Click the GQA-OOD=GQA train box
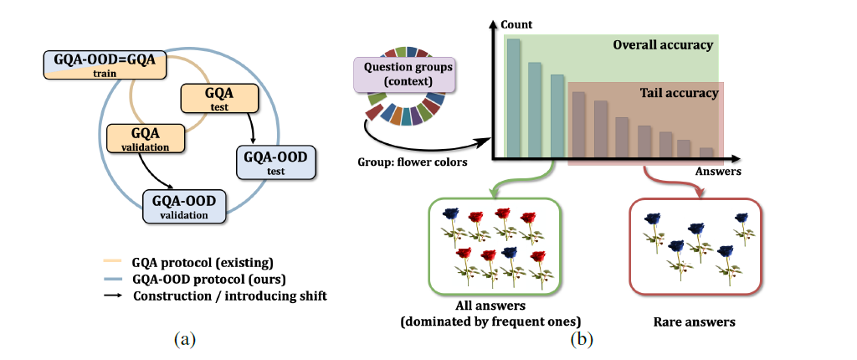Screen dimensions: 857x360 coord(104,64)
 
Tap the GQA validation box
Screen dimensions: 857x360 coord(146,138)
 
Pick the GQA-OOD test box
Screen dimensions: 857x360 coord(276,163)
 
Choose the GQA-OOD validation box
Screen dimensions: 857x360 coord(184,206)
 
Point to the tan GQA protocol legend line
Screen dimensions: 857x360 coord(115,263)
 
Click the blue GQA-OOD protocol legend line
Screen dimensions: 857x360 coord(115,280)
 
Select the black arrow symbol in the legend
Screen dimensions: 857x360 coord(115,296)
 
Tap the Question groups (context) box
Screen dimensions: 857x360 coord(404,75)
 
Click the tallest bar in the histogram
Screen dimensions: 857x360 coord(514,98)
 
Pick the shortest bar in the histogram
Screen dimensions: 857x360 coord(706,152)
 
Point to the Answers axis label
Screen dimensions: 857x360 coord(718,172)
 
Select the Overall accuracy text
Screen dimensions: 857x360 coord(663,45)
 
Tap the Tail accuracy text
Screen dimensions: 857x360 coord(679,93)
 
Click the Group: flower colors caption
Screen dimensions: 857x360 coord(412,162)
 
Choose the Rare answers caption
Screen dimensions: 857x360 coord(694,321)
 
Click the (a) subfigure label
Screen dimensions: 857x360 coord(184,340)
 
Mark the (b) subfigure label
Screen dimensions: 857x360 coord(581,340)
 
